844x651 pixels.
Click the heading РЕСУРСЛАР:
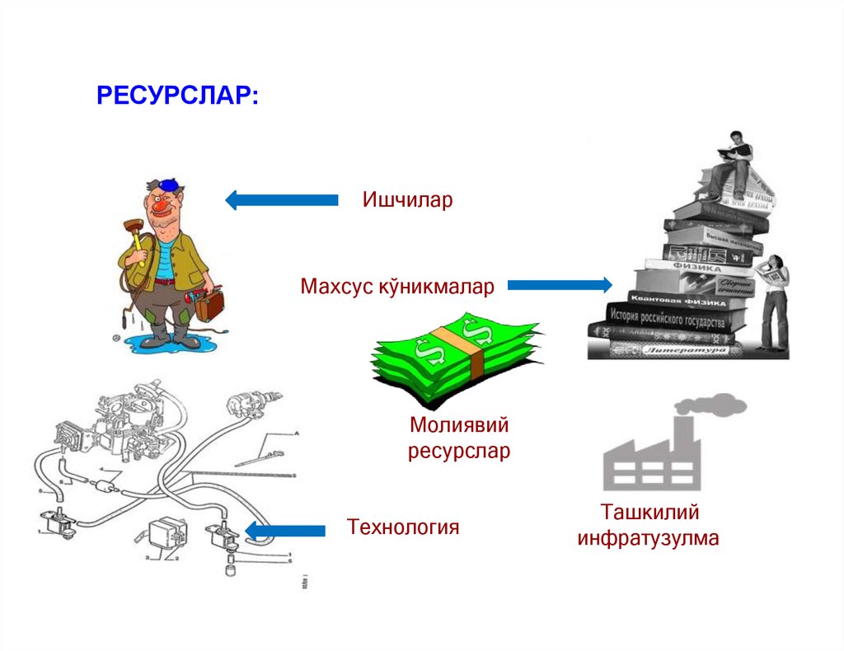(177, 95)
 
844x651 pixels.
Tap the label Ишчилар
(407, 200)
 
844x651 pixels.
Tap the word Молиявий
(459, 426)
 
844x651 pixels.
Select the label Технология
(402, 527)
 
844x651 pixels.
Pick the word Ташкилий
(649, 513)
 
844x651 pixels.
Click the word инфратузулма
(648, 539)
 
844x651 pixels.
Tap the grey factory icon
(650, 457)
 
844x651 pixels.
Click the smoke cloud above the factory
(710, 404)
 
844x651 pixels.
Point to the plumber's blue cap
(168, 183)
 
